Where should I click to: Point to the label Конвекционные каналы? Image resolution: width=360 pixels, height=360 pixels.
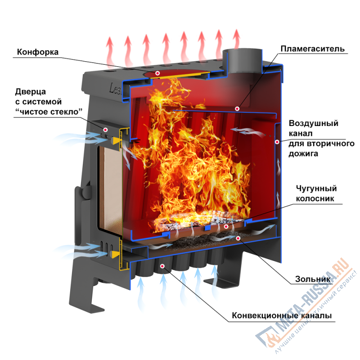[x=282, y=315]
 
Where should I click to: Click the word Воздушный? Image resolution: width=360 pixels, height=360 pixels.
[x=314, y=123]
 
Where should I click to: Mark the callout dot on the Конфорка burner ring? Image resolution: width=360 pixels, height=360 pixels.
[x=157, y=72]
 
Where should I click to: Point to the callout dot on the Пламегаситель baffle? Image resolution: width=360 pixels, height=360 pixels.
[x=237, y=108]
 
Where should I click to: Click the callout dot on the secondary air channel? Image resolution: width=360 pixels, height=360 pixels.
[x=278, y=142]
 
